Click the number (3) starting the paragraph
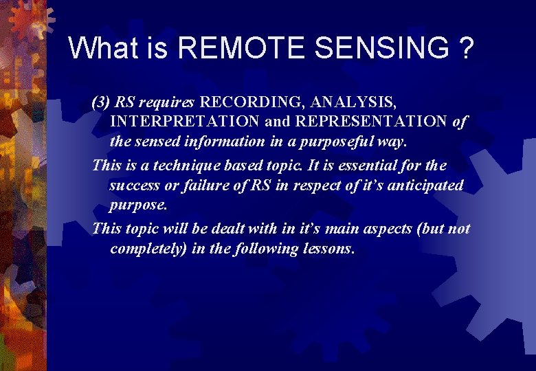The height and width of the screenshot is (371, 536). [x=101, y=103]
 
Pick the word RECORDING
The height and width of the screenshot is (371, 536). [x=253, y=103]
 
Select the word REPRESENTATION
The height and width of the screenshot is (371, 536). [x=366, y=122]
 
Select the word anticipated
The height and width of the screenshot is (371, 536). [x=427, y=185]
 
